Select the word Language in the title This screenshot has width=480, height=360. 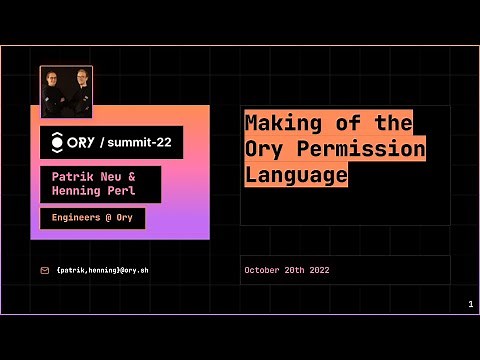(x=297, y=175)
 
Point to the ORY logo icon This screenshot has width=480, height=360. (x=57, y=142)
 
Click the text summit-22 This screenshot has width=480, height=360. (x=138, y=143)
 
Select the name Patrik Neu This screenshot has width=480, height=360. (x=85, y=174)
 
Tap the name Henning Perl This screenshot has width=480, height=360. (x=92, y=190)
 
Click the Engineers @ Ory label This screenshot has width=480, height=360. (x=92, y=217)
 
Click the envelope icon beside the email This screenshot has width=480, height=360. (x=44, y=270)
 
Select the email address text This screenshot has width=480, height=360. (x=104, y=270)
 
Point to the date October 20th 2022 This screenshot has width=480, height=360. (x=287, y=270)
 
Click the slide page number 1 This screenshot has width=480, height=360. (x=469, y=304)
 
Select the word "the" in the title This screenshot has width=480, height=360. (x=395, y=123)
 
